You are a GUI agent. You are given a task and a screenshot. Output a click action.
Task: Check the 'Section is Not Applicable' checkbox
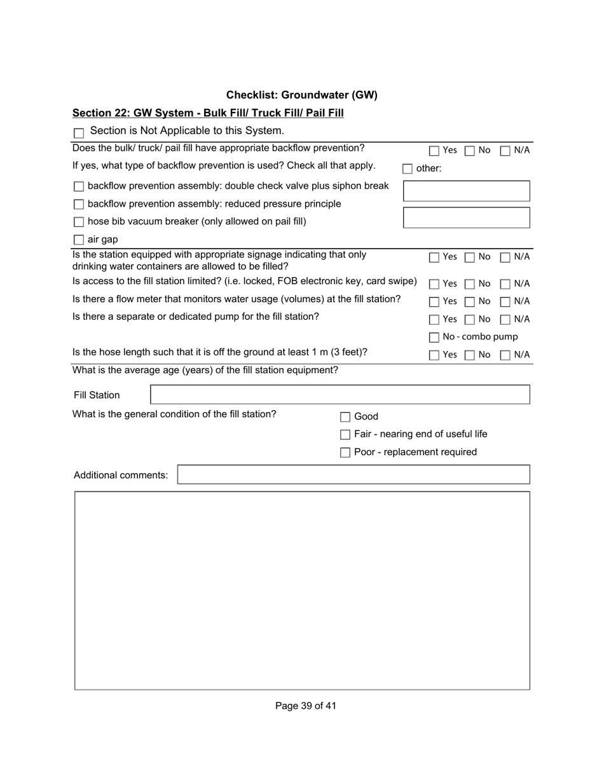coord(79,133)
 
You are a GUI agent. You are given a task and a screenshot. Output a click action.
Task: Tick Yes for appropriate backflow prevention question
coord(434,151)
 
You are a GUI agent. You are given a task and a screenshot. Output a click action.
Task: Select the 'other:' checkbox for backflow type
coord(408,169)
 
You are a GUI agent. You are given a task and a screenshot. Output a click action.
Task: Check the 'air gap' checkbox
coord(79,240)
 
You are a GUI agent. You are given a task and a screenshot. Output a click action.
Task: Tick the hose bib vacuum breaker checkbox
coord(79,223)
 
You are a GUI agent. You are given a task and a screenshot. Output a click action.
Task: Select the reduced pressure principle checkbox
coord(79,205)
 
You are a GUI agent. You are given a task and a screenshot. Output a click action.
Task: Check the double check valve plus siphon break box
coord(79,187)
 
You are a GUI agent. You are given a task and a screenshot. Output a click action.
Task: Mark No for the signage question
coord(470,257)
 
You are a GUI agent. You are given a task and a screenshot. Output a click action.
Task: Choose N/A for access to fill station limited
coord(505,284)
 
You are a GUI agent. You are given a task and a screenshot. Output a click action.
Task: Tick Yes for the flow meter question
coord(434,301)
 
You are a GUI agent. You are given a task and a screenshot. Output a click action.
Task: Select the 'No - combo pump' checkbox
coord(434,338)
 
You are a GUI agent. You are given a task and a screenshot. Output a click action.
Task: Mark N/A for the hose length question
coord(505,355)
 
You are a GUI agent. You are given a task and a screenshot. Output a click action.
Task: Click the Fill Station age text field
coord(340,395)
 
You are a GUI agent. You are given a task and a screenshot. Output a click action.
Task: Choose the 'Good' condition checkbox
coord(345,417)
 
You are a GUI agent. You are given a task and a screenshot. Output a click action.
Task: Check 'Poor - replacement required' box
coord(345,453)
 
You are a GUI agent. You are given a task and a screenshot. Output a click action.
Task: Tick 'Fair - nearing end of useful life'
coord(345,435)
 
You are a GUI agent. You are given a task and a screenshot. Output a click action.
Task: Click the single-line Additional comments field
coord(353,475)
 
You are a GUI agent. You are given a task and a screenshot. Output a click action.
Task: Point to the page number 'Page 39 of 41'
coord(306,706)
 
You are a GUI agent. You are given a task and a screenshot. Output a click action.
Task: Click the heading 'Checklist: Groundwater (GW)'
coord(302,95)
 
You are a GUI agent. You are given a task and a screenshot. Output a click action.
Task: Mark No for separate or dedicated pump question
coord(470,319)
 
